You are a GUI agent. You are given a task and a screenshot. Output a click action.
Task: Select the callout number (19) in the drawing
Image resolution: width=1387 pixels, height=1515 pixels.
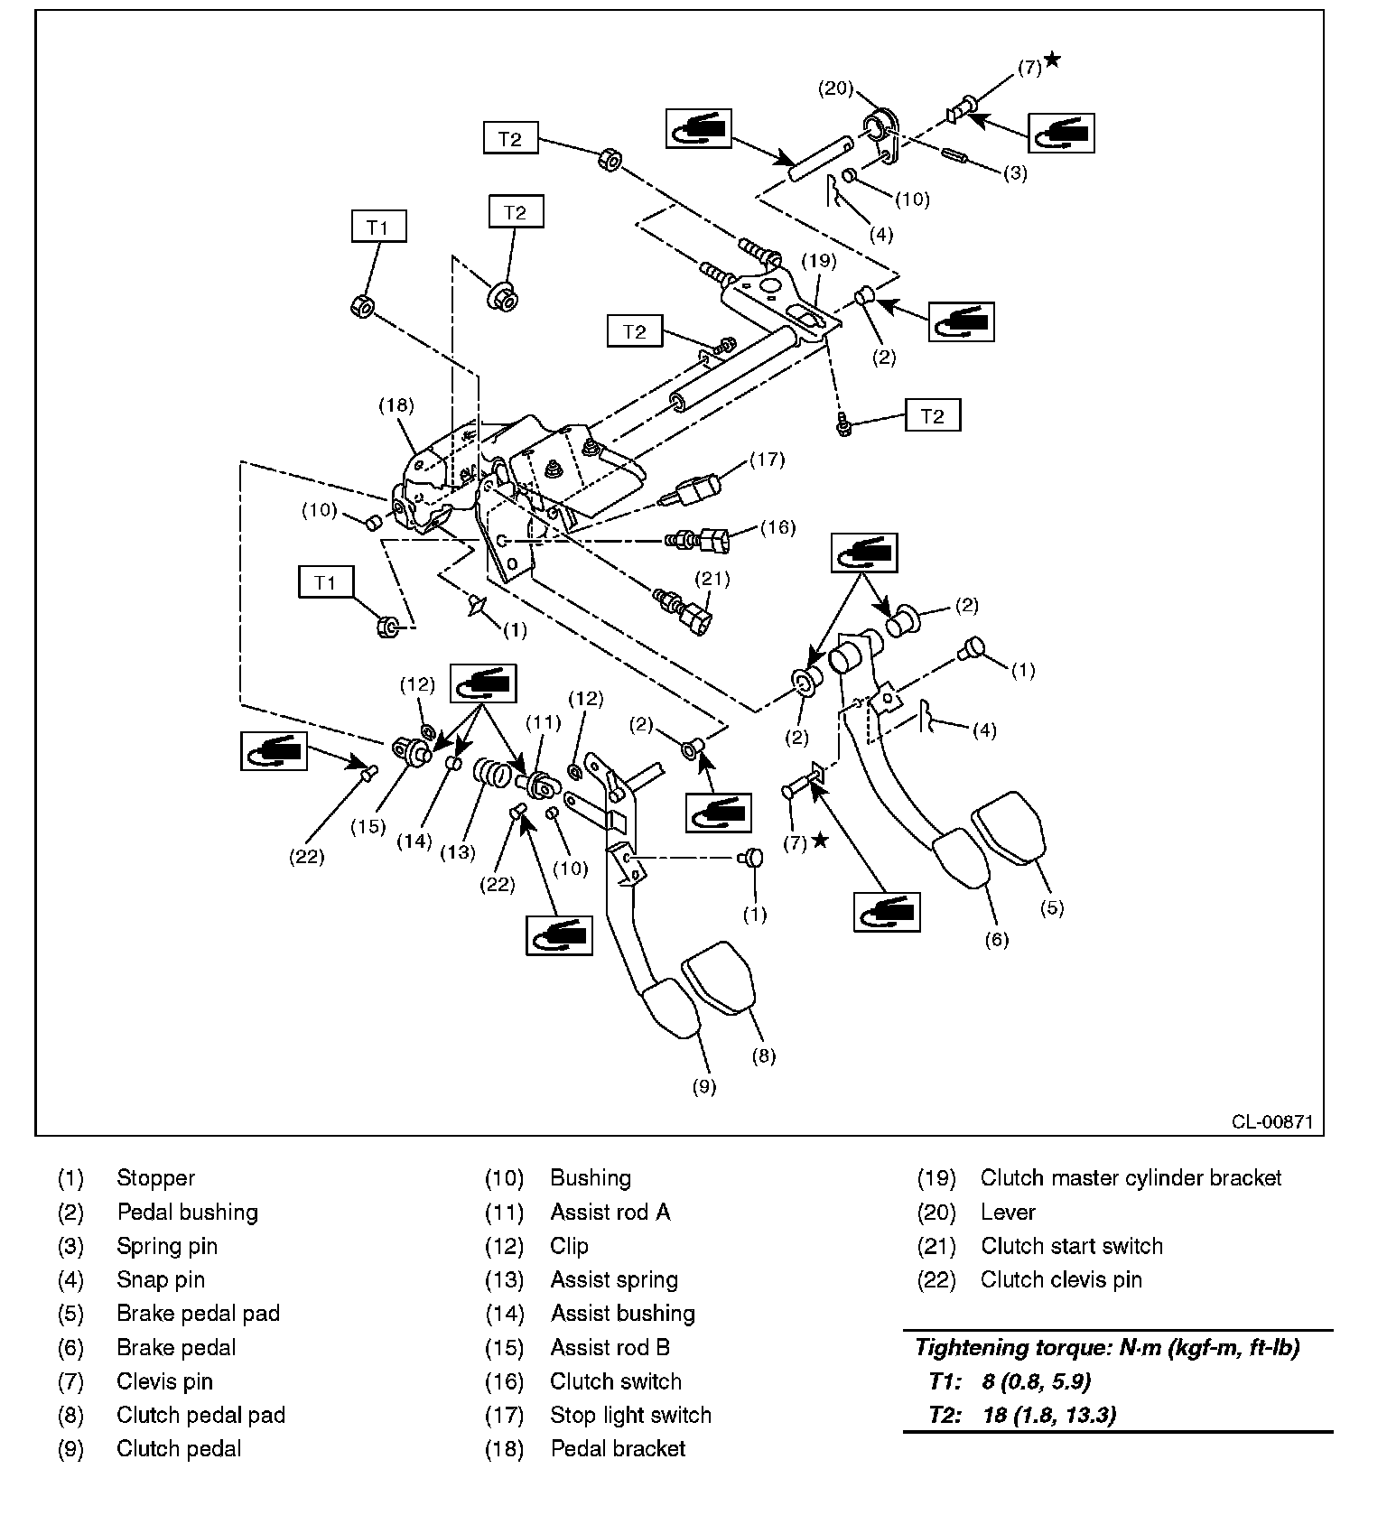tap(821, 261)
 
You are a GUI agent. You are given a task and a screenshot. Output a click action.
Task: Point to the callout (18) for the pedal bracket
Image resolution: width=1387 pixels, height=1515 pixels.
tap(396, 405)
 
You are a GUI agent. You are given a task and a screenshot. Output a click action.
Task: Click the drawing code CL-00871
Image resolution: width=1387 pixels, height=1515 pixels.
tap(1272, 1122)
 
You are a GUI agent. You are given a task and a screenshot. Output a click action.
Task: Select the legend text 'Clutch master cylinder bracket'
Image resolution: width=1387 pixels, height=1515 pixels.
tap(1131, 1178)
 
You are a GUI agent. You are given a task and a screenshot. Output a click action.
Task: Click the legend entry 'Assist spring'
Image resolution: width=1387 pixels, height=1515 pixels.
tap(614, 1279)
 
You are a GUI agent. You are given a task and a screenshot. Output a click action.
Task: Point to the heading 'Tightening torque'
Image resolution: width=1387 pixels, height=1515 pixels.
tap(1106, 1348)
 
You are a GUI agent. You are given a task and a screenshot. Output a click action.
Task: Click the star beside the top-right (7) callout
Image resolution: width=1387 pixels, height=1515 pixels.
tap(1052, 60)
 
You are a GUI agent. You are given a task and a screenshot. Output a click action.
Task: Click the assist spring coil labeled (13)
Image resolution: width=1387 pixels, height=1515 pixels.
tap(493, 773)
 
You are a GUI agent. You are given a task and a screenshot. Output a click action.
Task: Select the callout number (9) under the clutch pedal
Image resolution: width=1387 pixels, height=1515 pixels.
tap(703, 1086)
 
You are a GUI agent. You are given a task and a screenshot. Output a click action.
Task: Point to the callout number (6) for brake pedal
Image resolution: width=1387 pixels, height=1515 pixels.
tap(996, 939)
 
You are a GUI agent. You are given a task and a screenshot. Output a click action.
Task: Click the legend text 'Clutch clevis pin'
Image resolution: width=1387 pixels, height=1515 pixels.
tap(1061, 1279)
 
